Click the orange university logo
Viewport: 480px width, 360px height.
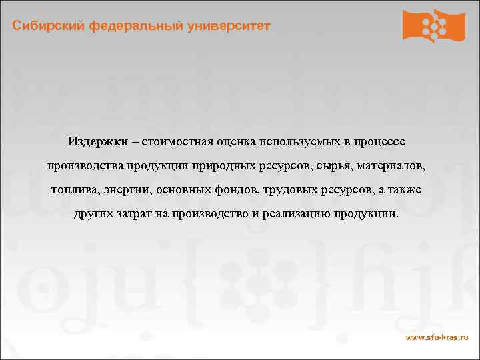(x=433, y=25)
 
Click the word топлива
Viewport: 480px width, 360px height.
(x=74, y=189)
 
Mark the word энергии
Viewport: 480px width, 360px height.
(x=129, y=189)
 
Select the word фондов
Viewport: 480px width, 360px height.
(x=236, y=189)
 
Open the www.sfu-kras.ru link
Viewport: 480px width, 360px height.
(x=436, y=339)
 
